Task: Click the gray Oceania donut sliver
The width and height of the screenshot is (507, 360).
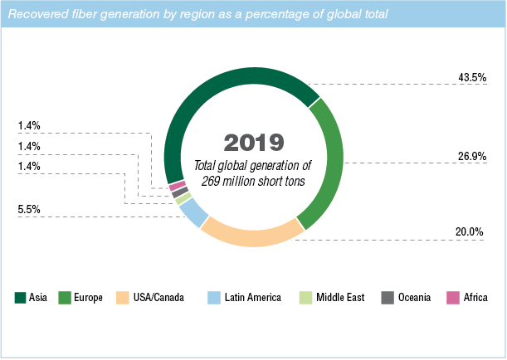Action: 176,192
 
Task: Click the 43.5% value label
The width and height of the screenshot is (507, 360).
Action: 470,76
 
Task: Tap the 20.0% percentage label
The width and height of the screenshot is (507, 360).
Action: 470,231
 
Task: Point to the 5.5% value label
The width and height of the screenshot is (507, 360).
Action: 30,209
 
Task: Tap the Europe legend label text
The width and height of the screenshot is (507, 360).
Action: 87,297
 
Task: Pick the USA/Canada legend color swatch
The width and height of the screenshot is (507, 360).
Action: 122,297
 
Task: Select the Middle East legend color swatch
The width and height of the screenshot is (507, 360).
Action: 306,297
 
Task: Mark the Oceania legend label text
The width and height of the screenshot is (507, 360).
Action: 412,297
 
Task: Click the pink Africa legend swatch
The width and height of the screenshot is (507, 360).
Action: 453,297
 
